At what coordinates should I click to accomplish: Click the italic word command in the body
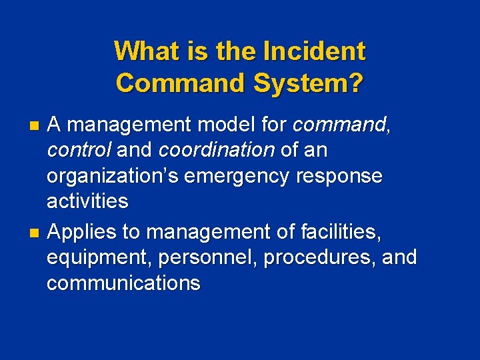pyautogui.click(x=339, y=125)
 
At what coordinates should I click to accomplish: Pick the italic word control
pyautogui.click(x=79, y=150)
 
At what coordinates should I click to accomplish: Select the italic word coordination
pyautogui.click(x=216, y=150)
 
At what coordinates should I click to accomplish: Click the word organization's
pyautogui.click(x=113, y=176)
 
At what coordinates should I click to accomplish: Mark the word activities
pyautogui.click(x=87, y=201)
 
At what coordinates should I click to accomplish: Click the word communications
pyautogui.click(x=123, y=283)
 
